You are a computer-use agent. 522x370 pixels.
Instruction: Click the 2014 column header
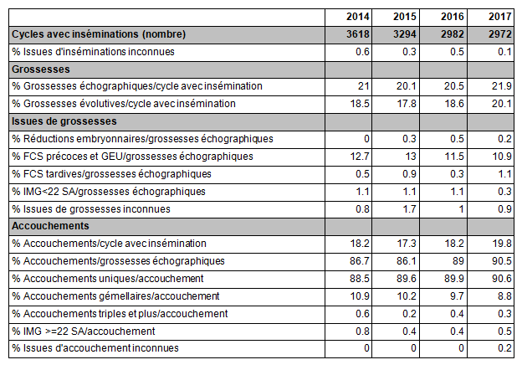(x=358, y=17)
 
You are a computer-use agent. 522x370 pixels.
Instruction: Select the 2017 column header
(x=500, y=17)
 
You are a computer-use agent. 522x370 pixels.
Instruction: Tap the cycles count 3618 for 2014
(x=358, y=34)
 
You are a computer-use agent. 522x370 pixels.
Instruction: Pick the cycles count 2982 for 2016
(x=453, y=34)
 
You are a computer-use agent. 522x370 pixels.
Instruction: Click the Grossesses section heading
(x=41, y=69)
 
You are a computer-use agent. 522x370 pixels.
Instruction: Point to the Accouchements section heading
(x=50, y=226)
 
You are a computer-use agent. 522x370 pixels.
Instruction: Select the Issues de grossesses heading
(x=64, y=121)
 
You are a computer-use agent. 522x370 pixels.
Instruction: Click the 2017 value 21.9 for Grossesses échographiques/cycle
(x=502, y=86)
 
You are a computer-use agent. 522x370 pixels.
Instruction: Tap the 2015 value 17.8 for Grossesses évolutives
(x=407, y=104)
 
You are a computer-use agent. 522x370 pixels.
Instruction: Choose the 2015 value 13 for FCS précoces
(x=411, y=157)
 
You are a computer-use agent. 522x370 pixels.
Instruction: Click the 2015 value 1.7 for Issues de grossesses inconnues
(x=409, y=209)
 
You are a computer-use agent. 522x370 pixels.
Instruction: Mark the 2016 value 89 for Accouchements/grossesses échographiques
(x=458, y=261)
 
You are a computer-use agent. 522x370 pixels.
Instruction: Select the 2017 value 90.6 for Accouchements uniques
(x=502, y=279)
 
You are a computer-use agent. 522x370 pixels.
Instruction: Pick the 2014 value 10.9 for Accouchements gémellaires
(x=360, y=296)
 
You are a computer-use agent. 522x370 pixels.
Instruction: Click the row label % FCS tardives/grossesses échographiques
(x=111, y=174)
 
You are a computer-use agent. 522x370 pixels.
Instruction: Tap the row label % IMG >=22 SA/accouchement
(x=83, y=331)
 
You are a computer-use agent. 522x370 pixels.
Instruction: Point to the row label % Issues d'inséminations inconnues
(x=93, y=52)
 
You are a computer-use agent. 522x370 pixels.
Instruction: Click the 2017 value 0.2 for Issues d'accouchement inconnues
(x=504, y=348)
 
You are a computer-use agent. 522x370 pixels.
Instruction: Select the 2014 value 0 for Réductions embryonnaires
(x=366, y=139)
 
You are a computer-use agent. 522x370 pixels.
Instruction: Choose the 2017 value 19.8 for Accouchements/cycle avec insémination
(x=502, y=244)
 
